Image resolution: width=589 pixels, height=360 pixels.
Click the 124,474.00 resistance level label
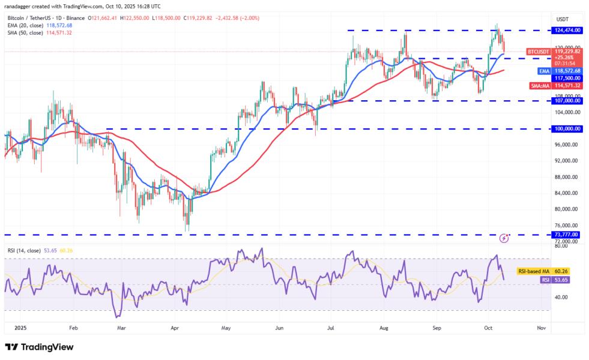point(566,30)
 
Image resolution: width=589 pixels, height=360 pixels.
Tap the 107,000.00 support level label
point(566,101)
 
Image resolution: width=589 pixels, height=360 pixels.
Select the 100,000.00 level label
point(566,128)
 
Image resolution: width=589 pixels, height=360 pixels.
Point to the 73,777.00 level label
point(566,235)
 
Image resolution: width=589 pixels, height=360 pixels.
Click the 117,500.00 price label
point(566,77)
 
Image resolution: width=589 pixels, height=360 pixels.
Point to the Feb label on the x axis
point(73,329)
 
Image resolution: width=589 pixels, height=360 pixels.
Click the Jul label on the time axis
point(331,329)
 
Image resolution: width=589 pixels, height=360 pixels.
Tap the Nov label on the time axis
point(541,329)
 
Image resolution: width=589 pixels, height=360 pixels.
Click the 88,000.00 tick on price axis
point(566,177)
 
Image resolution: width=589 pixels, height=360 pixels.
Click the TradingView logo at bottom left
point(39,347)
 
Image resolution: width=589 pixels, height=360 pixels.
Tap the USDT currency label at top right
point(563,19)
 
